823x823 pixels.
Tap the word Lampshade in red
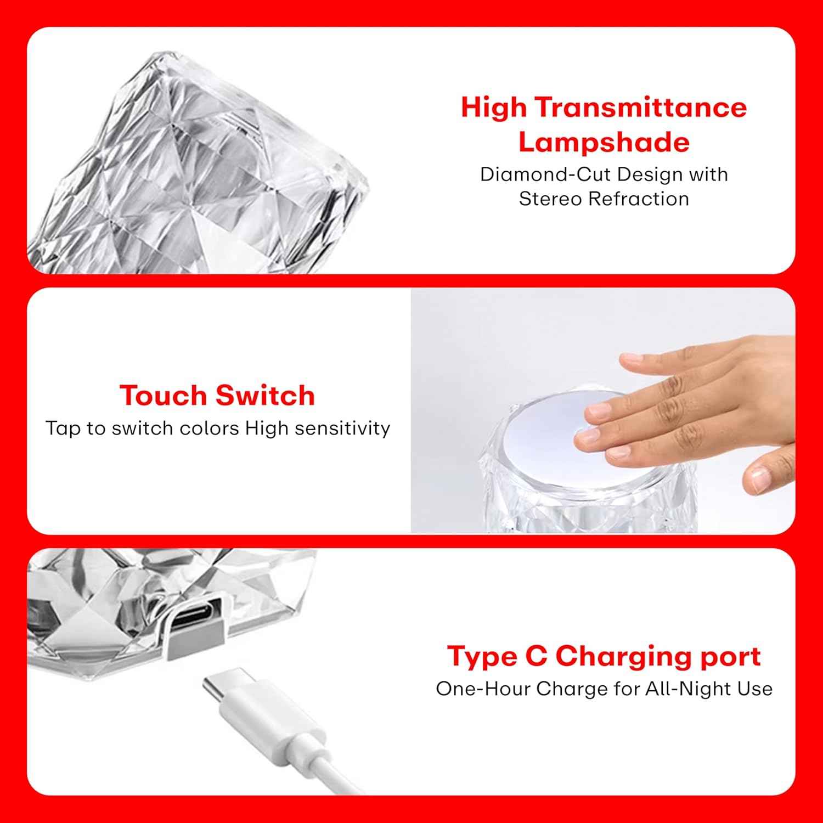point(604,142)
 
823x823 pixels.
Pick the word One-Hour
point(483,689)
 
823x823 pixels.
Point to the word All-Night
point(689,689)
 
